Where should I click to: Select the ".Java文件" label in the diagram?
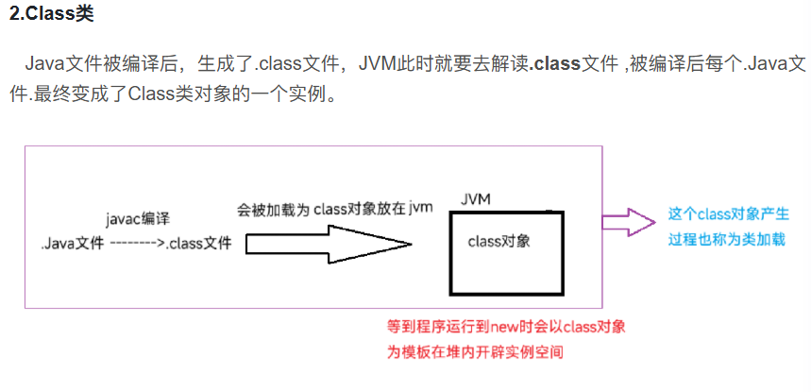pyautogui.click(x=72, y=244)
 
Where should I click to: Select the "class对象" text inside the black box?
pyautogui.click(x=498, y=241)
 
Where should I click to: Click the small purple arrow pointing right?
pyautogui.click(x=629, y=223)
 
